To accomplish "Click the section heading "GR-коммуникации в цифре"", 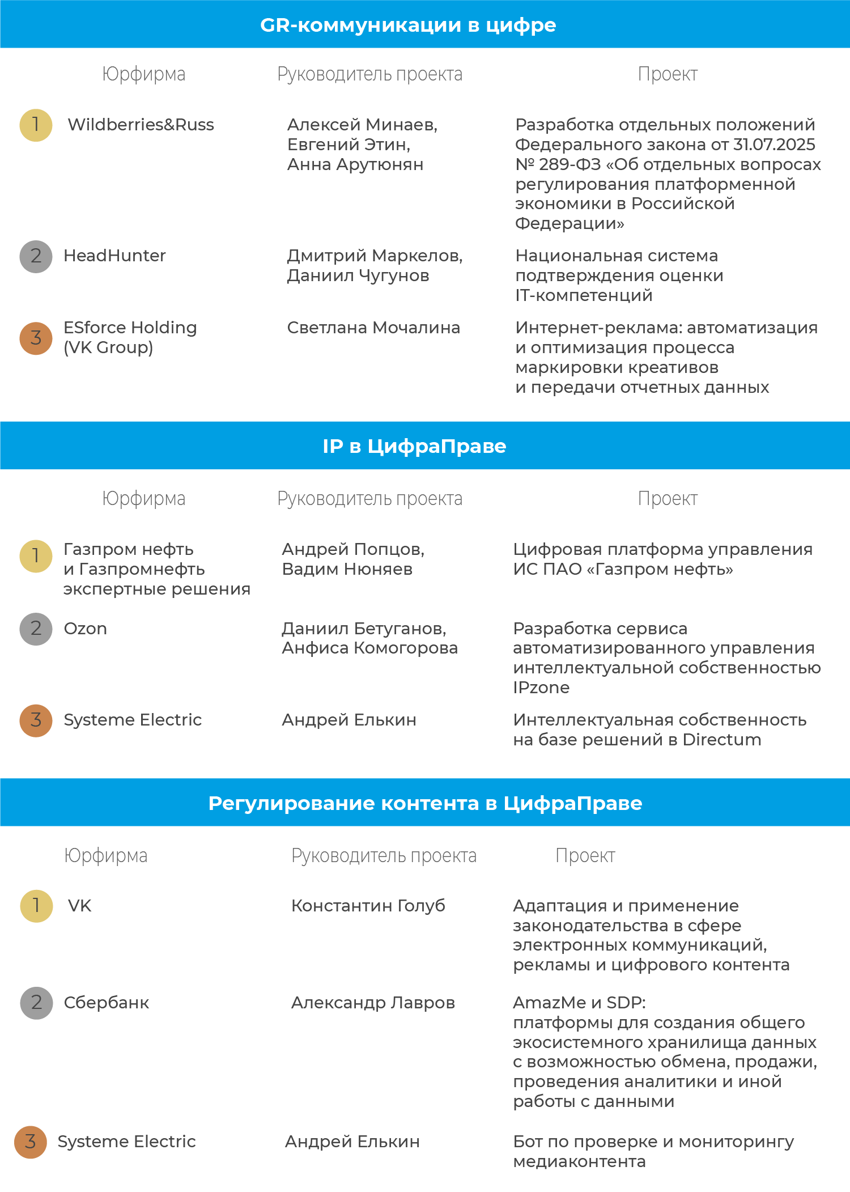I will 408,25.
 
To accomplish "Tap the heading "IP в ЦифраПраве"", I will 414,446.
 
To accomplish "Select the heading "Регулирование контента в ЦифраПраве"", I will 425,803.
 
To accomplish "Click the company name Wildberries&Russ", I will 141,125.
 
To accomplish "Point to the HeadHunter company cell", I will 114,256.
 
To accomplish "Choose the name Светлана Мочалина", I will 373,328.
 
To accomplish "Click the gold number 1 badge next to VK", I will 36,906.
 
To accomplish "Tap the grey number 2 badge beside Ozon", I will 36,629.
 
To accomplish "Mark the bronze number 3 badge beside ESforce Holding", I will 36,338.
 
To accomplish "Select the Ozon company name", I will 85,629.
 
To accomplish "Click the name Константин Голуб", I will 368,906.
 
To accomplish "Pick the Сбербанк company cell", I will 107,1003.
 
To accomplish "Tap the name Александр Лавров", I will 373,1003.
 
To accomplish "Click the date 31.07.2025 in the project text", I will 774,145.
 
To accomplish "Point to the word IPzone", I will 541,688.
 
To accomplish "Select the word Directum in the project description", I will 722,740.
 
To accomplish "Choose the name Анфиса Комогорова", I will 369,648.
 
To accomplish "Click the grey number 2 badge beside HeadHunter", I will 36,256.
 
